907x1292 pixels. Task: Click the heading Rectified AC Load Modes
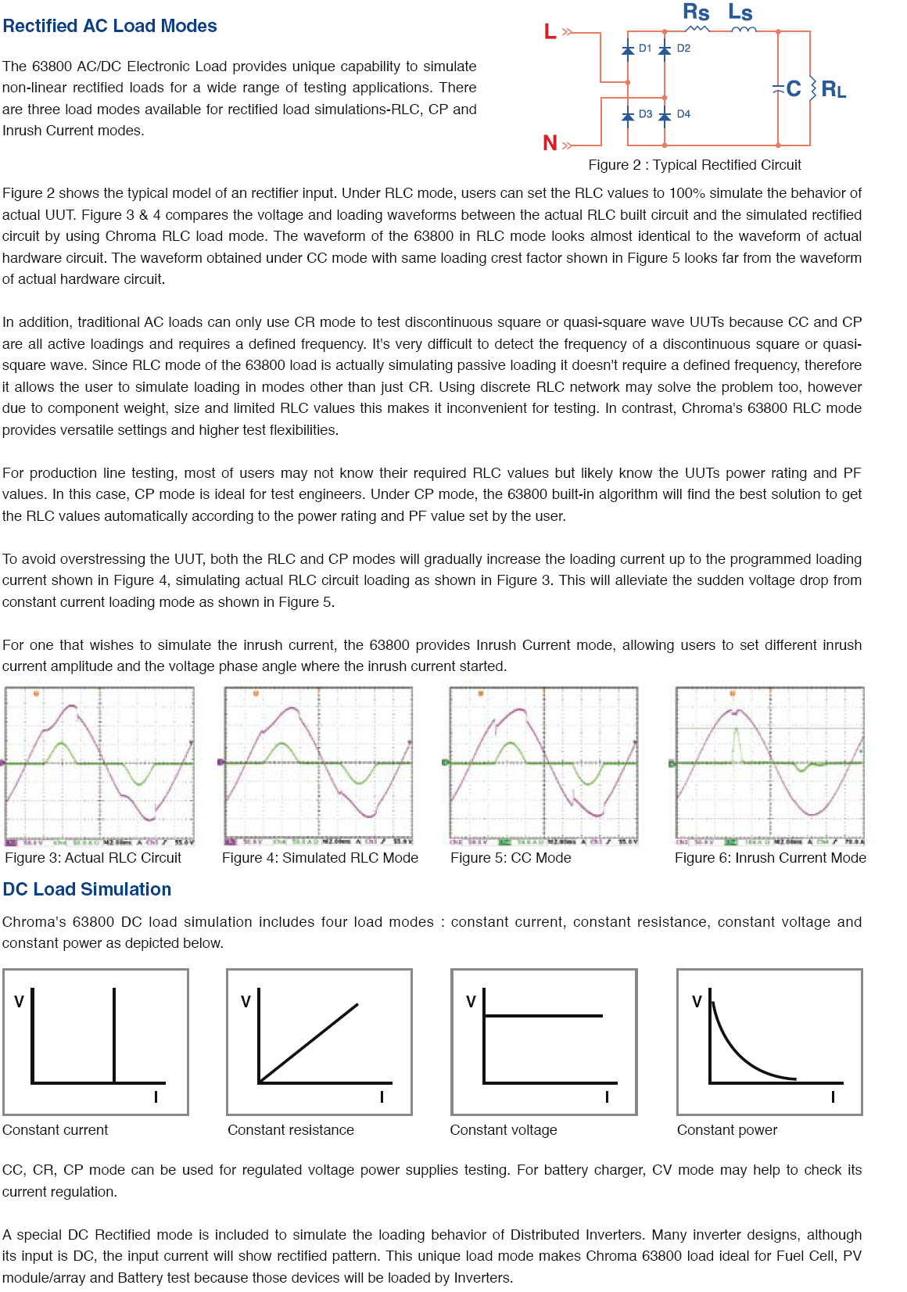coord(109,26)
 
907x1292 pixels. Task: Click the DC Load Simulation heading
coord(87,889)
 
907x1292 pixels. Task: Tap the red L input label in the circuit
coord(550,32)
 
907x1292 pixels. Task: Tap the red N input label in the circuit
coord(550,143)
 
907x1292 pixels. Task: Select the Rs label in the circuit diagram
coord(696,13)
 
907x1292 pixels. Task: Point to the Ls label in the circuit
coord(740,13)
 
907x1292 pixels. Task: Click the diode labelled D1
coord(628,49)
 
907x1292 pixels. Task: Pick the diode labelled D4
coord(665,116)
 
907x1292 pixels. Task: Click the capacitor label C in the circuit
coord(794,88)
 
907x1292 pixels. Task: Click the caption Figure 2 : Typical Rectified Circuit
coord(694,165)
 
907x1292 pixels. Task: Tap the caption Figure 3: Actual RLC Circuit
coord(93,858)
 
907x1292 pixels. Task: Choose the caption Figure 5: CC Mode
coord(511,858)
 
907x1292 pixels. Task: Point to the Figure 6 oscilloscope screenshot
coord(770,766)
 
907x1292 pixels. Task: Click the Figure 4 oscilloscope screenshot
coord(318,766)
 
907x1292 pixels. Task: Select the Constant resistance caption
coord(291,1130)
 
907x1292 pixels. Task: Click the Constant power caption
coord(727,1130)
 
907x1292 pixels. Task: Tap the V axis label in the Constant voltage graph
coord(471,1002)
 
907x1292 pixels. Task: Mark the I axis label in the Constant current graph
coord(156,1096)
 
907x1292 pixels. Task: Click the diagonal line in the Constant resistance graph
coord(310,1043)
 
